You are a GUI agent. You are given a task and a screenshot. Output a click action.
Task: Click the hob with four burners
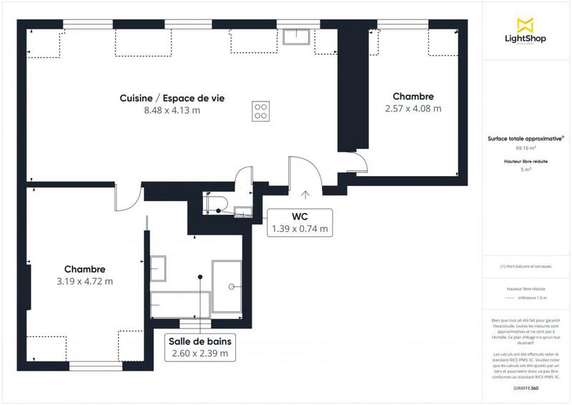click(262, 110)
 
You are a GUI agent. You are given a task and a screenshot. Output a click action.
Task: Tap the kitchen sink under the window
click(295, 36)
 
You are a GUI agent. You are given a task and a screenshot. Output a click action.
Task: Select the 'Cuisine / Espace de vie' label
click(172, 98)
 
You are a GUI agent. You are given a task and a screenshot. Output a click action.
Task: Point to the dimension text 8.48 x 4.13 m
click(172, 111)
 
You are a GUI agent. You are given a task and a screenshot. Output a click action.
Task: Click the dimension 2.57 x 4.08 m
click(413, 109)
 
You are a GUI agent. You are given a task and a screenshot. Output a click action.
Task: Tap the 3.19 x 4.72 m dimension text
click(84, 281)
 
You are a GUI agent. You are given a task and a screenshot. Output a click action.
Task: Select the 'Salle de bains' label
click(199, 341)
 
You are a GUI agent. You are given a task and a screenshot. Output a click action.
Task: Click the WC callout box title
click(300, 216)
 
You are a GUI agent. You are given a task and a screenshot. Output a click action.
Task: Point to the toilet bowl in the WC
click(215, 204)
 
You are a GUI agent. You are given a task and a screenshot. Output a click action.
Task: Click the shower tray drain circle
click(232, 286)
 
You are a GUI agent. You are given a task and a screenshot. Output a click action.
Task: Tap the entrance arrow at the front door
click(305, 194)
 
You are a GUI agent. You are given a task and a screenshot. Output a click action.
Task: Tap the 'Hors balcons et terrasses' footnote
click(526, 266)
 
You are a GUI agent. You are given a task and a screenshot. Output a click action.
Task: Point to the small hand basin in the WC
click(243, 210)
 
